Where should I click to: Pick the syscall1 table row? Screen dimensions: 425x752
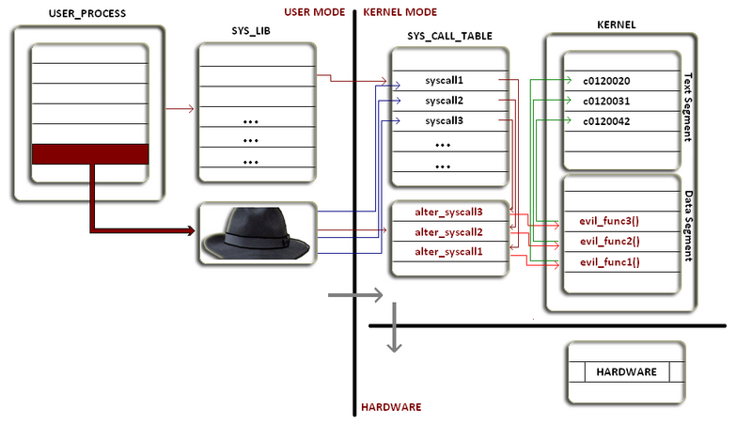click(445, 81)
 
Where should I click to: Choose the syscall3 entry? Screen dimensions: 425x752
click(445, 121)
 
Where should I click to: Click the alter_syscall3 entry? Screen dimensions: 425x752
click(448, 212)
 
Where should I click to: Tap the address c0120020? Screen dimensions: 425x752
click(607, 81)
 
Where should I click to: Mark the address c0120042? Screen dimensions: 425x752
click(607, 121)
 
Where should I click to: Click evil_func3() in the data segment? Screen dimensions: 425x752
click(610, 222)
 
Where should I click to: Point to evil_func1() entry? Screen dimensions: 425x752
click(610, 262)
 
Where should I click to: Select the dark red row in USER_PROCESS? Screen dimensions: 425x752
click(90, 154)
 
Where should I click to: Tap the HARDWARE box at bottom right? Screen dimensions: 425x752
click(626, 372)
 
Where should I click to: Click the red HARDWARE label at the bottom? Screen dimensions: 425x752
click(391, 407)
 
